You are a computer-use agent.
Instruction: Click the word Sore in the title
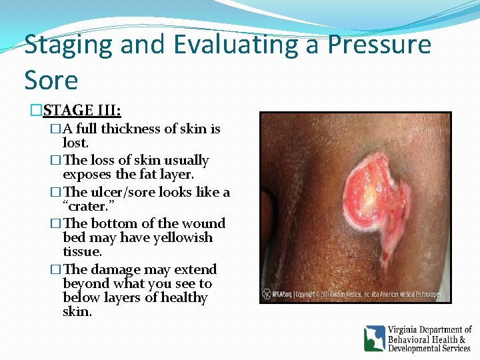click(x=51, y=80)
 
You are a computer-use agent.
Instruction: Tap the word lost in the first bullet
click(x=75, y=143)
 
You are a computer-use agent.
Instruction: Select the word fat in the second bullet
click(x=143, y=175)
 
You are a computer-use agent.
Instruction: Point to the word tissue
click(x=82, y=251)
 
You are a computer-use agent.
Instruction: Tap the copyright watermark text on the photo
click(x=360, y=293)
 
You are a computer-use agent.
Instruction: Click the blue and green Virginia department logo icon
click(x=375, y=338)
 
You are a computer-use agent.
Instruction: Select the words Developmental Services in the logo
click(x=429, y=348)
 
